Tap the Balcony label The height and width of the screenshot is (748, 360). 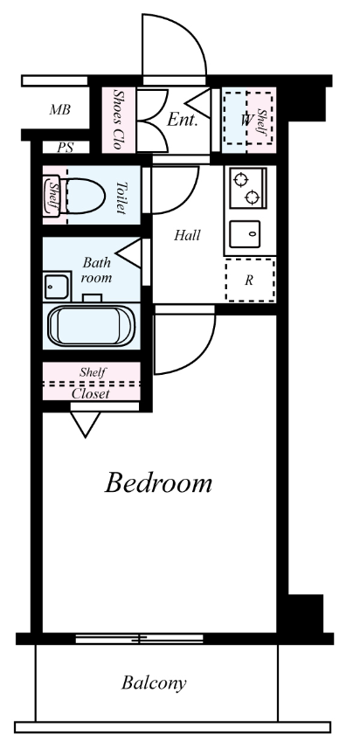tap(154, 683)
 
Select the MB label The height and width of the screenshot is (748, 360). tap(60, 110)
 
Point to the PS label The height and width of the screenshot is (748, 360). tap(66, 148)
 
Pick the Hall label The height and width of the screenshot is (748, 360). tap(187, 235)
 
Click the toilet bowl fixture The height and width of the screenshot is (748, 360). tap(85, 196)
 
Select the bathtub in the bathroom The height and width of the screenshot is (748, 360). tap(91, 326)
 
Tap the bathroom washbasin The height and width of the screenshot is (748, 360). tap(57, 287)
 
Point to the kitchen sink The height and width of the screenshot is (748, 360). tap(245, 234)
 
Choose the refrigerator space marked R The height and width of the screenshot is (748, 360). tap(250, 280)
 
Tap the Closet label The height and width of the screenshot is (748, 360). tap(91, 394)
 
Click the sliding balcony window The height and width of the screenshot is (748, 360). tap(139, 638)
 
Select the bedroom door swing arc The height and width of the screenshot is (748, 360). tap(200, 359)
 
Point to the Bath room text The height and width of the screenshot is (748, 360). tap(96, 269)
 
